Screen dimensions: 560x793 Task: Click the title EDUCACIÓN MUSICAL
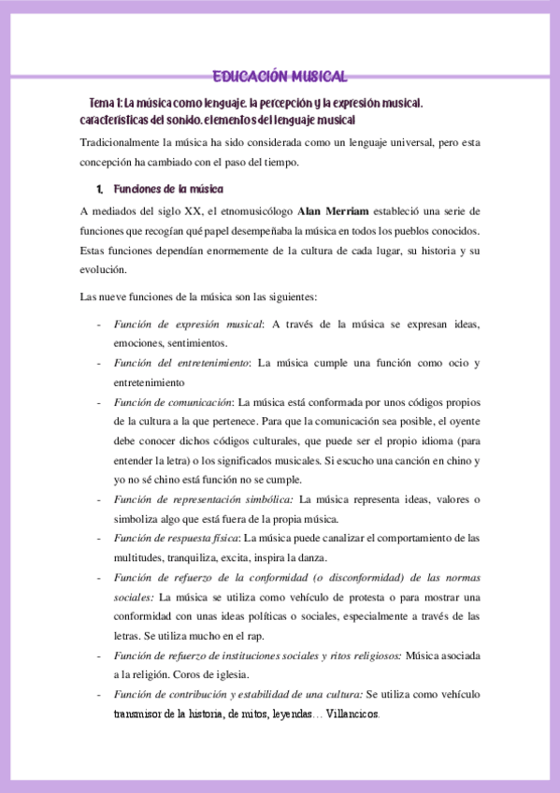(x=280, y=77)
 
